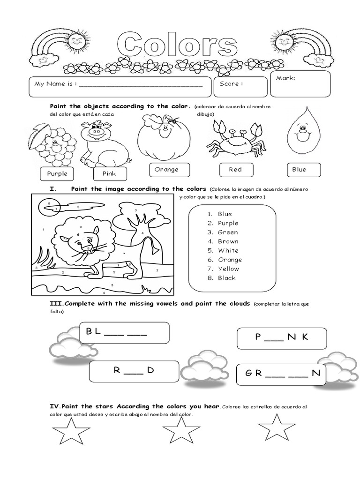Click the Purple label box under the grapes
pos(57,173)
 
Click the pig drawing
pos(104,143)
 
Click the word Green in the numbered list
pos(228,232)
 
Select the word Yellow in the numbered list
pos(228,269)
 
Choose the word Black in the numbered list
pos(227,278)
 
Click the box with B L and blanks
pos(124,333)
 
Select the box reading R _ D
pos(134,371)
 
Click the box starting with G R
pos(281,374)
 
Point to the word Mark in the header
pos(285,78)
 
